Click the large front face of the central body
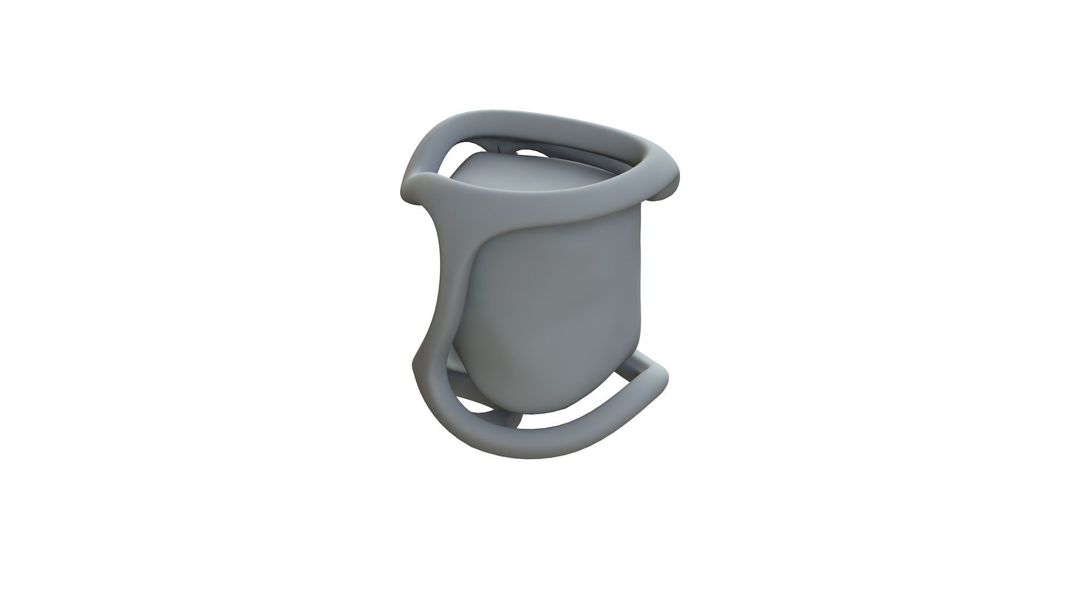click(x=555, y=311)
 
